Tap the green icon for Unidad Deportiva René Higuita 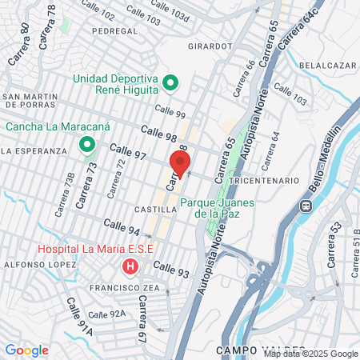pyautogui.click(x=170, y=82)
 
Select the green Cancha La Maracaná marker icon pyautogui.click(x=86, y=145)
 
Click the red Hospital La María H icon pyautogui.click(x=128, y=266)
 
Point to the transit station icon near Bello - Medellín pyautogui.click(x=306, y=205)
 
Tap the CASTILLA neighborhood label pyautogui.click(x=157, y=209)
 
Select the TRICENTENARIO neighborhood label pyautogui.click(x=264, y=182)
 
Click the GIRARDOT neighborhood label pyautogui.click(x=210, y=46)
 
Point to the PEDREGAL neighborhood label pyautogui.click(x=115, y=30)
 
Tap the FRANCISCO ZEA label pyautogui.click(x=117, y=287)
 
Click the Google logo pyautogui.click(x=26, y=350)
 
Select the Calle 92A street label pyautogui.click(x=107, y=314)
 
